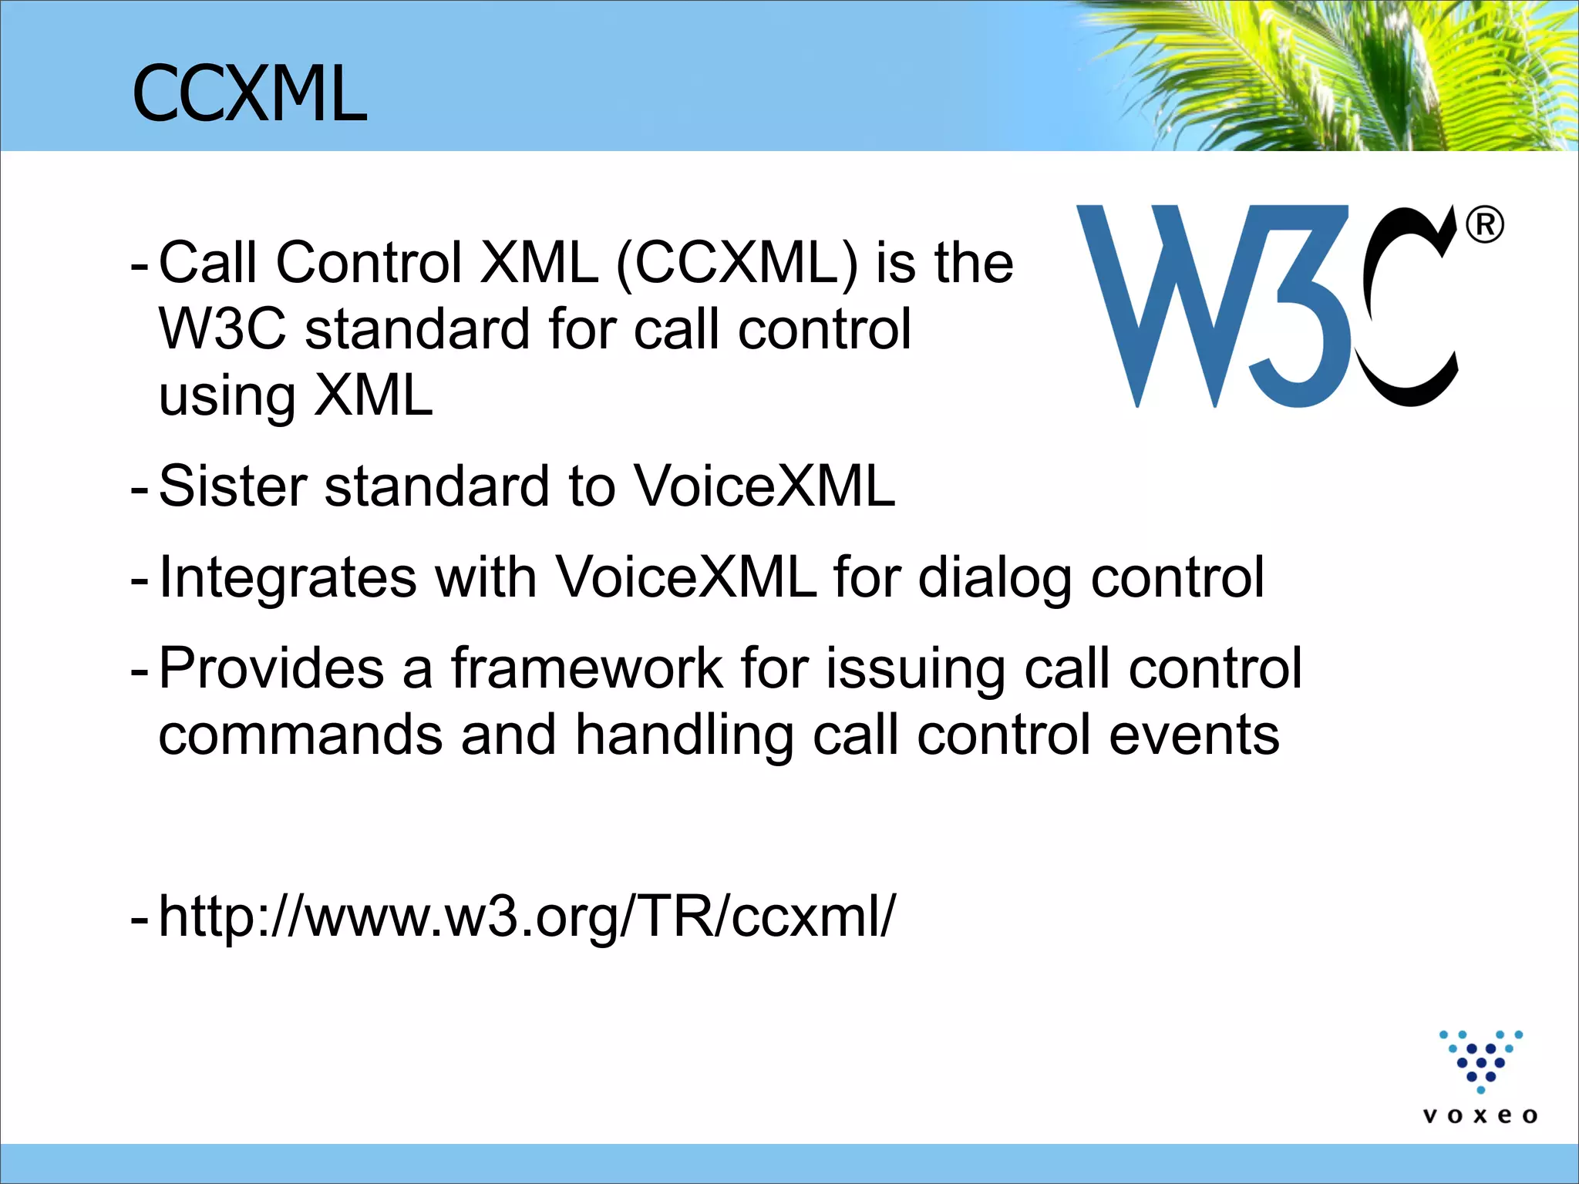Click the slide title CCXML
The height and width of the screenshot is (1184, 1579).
click(x=249, y=94)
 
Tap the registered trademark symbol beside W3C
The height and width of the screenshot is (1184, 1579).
click(x=1484, y=226)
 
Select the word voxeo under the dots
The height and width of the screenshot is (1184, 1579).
click(x=1480, y=1115)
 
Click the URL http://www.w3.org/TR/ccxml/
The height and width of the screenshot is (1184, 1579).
click(x=527, y=917)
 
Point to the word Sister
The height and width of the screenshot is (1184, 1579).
click(x=233, y=486)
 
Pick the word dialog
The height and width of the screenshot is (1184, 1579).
click(x=995, y=577)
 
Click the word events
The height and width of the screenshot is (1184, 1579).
click(x=1194, y=735)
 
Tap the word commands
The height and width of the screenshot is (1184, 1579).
click(x=301, y=735)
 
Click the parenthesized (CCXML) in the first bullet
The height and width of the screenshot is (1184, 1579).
click(x=737, y=263)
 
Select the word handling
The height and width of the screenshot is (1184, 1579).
click(x=685, y=735)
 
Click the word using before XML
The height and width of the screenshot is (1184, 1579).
click(x=227, y=397)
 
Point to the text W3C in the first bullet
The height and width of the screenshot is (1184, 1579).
click(x=222, y=329)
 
